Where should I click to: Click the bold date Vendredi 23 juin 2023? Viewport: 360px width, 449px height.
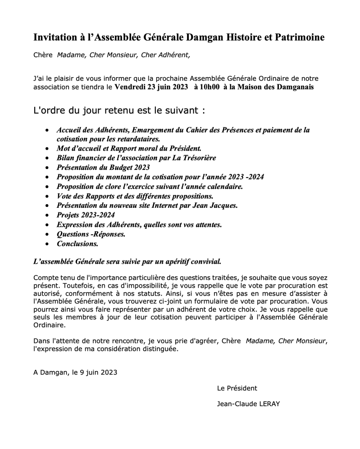pyautogui.click(x=151, y=87)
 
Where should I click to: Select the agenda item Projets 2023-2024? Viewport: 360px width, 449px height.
pyautogui.click(x=86, y=215)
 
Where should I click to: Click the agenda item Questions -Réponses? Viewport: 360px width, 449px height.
pyautogui.click(x=91, y=234)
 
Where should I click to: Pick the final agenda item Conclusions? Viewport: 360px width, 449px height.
pyautogui.click(x=77, y=244)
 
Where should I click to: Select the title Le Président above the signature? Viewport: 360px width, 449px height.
pyautogui.click(x=237, y=388)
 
